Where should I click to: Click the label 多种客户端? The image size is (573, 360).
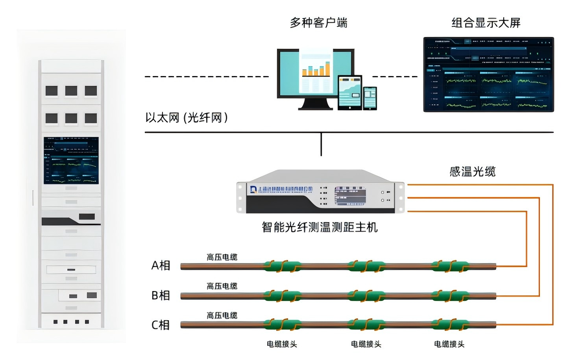[318, 23]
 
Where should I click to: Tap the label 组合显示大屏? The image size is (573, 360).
[486, 23]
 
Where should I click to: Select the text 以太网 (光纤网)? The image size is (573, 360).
[186, 117]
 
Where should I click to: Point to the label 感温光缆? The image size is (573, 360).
[472, 172]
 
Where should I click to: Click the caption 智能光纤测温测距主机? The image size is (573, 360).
[320, 227]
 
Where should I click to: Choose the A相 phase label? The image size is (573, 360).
[161, 265]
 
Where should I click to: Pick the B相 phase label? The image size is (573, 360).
[161, 295]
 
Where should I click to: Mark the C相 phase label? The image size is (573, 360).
[161, 325]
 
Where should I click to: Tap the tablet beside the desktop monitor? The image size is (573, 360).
[349, 92]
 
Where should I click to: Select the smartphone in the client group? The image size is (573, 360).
[370, 98]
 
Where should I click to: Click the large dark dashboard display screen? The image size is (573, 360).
[488, 74]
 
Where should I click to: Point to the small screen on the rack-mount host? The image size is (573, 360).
[349, 196]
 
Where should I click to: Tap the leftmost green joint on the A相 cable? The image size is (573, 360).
[282, 267]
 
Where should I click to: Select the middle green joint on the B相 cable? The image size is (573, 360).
[366, 296]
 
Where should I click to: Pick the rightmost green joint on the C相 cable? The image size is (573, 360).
[450, 325]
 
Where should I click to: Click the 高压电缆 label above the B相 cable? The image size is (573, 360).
[222, 286]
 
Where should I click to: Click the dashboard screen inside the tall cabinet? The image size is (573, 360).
[71, 160]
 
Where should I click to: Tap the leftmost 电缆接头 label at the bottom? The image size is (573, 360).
[282, 344]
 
